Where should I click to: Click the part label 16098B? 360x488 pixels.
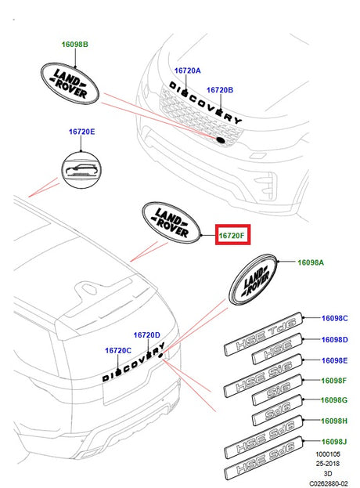tap(74, 44)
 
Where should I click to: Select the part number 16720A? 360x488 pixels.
tap(188, 70)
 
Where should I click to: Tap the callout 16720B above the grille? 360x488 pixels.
tap(220, 90)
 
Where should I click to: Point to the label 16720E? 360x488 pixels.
tap(81, 132)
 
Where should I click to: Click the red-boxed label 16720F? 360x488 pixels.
tap(232, 236)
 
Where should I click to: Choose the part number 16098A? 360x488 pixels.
tap(311, 262)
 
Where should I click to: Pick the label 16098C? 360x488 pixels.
tap(334, 318)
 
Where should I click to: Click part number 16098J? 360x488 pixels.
tap(334, 442)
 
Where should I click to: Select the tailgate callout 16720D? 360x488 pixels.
tap(146, 335)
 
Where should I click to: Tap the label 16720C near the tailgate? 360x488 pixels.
tap(118, 351)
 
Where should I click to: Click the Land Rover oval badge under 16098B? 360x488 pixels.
tap(70, 83)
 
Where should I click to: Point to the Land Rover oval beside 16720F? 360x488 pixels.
tap(171, 222)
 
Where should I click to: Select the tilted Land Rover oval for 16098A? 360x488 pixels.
tap(254, 280)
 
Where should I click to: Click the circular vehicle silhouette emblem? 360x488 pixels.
tap(81, 170)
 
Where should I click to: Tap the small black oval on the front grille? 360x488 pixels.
tap(221, 140)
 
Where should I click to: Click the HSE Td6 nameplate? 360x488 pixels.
tap(263, 334)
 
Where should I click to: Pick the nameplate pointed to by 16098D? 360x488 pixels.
tap(277, 349)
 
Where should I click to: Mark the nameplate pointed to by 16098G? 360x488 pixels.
tap(277, 410)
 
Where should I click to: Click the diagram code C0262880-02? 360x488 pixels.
tap(328, 483)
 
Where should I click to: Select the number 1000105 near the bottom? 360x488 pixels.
tap(328, 454)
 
